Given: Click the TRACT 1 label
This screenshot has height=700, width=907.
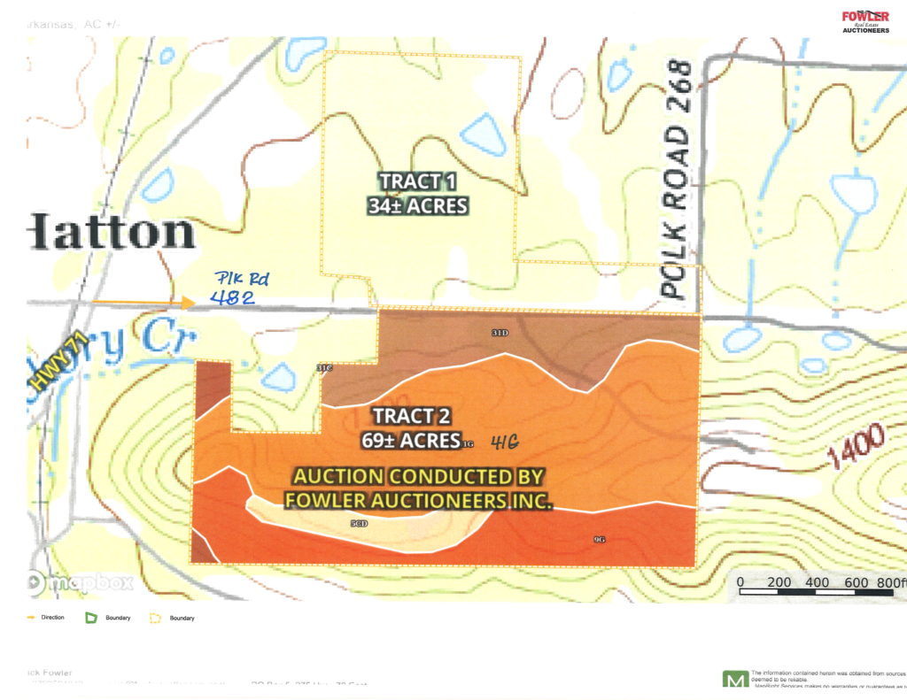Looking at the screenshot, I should click(411, 182).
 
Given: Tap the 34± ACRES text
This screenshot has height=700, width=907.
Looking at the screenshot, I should click(417, 206).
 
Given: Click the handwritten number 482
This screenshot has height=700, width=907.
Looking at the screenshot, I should click(233, 298).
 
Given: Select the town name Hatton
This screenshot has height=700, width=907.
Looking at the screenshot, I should click(112, 233).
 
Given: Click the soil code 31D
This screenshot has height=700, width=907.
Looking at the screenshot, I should click(500, 333).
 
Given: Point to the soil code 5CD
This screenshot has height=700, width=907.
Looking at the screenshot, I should click(359, 524).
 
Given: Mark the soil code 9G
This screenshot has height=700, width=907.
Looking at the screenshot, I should click(599, 539).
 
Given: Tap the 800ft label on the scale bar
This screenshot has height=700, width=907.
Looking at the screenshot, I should click(888, 582).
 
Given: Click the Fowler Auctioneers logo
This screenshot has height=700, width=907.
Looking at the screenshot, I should click(864, 20).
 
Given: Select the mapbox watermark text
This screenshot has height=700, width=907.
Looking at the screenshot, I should click(89, 582).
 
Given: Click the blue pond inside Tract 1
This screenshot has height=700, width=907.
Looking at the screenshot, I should click(482, 135).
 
